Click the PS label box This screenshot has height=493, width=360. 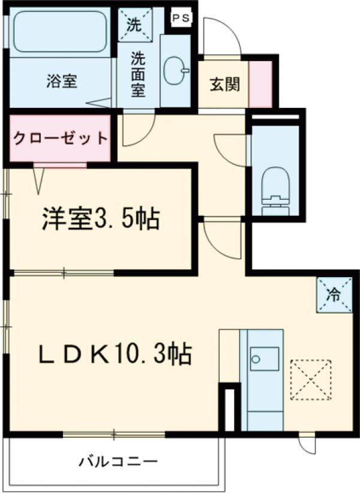coord(181,18)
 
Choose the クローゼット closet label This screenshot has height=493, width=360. coord(61,139)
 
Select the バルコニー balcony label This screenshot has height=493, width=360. coord(118,462)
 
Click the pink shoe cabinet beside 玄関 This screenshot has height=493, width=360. coord(260,84)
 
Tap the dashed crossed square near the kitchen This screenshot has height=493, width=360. coord(310,379)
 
